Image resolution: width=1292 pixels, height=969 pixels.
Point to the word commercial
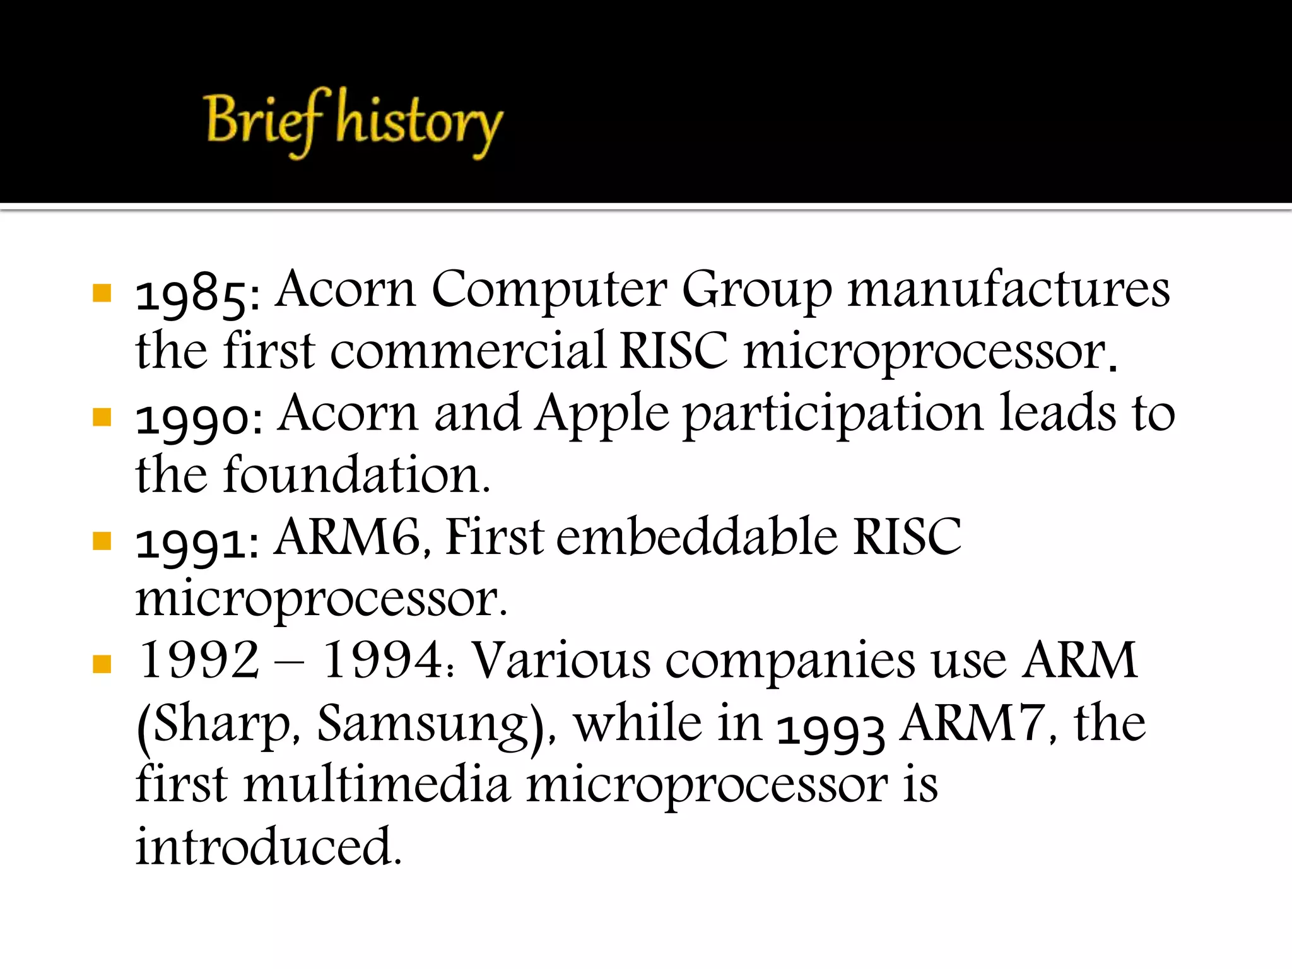[x=467, y=351]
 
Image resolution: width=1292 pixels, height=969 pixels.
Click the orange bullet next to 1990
[x=102, y=417]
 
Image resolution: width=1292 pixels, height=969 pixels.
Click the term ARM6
[x=348, y=537]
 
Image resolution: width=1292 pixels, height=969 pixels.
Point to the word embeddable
[x=696, y=537]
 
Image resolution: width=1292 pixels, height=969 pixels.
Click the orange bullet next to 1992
[x=102, y=664]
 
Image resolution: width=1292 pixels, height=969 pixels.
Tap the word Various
[x=561, y=661]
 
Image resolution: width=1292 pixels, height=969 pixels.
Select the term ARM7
[x=972, y=724]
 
